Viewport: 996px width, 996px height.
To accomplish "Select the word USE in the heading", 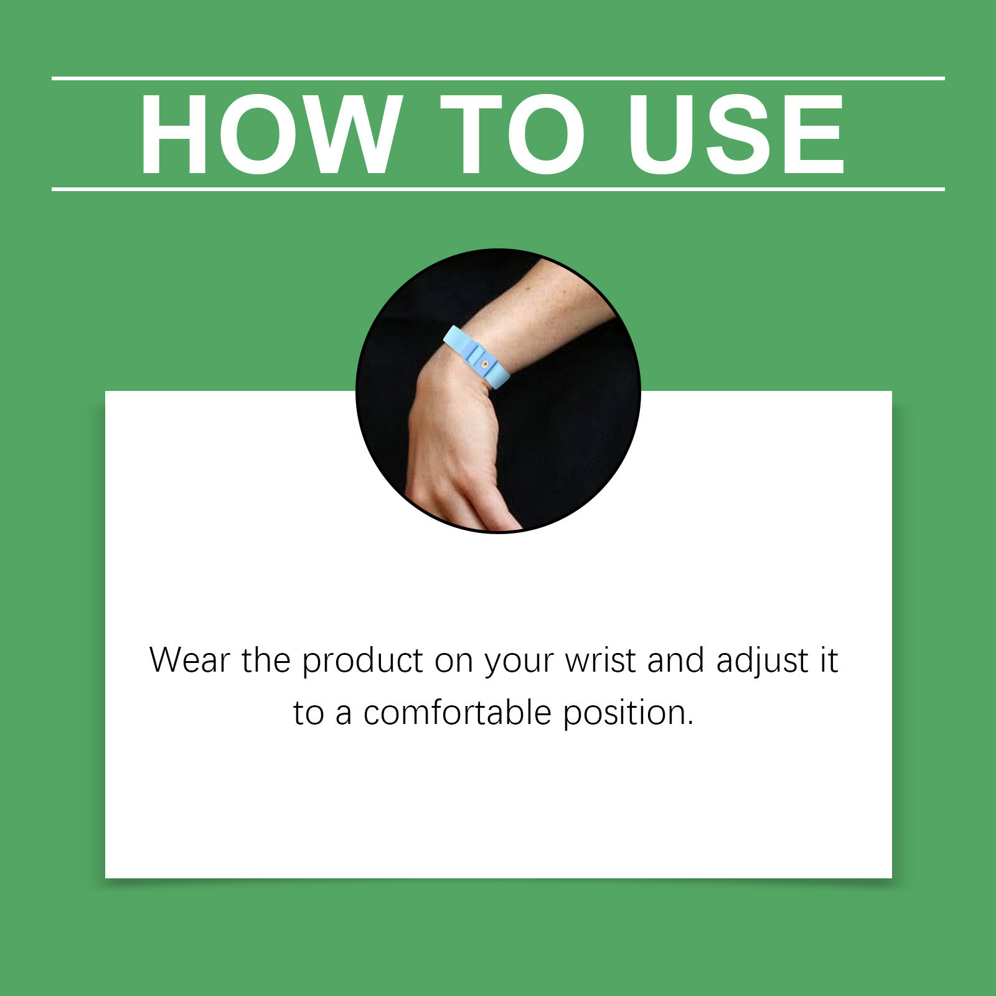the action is point(736,134).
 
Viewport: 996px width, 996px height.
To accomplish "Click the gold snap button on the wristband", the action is point(486,364).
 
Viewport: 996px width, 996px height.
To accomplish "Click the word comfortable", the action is point(458,713).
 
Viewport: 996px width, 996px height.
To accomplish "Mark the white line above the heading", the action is point(498,78).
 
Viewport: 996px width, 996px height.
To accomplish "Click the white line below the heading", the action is point(498,189).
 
